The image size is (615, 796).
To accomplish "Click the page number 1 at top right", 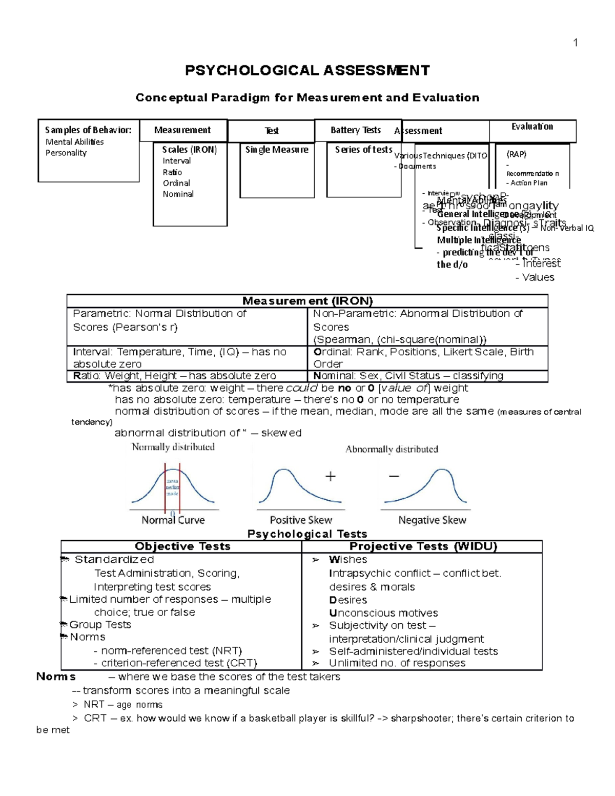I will click(576, 43).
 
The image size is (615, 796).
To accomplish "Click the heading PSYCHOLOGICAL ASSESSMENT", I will click(307, 70).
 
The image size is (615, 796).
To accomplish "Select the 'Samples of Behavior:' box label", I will click(88, 130).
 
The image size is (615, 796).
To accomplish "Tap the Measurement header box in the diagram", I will click(182, 130).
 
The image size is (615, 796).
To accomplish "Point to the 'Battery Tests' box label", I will click(355, 130).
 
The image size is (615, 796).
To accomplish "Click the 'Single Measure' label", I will click(277, 150).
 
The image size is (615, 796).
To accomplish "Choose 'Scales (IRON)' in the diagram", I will click(190, 150).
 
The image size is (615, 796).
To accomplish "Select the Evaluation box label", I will click(532, 127).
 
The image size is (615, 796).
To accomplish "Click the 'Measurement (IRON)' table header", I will click(307, 301).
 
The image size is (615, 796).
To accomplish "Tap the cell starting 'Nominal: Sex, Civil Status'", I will click(408, 376).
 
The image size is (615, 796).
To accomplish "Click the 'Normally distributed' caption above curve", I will click(173, 447).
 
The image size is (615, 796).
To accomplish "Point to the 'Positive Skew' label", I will click(301, 520).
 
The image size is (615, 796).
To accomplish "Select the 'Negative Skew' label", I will click(432, 520).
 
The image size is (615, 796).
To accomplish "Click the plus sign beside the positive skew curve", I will click(331, 477).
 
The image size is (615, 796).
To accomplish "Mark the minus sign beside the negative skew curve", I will click(394, 476).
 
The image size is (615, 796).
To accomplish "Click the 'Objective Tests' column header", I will click(182, 546).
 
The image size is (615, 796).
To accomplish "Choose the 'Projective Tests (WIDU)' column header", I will click(423, 546).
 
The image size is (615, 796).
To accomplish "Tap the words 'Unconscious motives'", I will click(383, 613).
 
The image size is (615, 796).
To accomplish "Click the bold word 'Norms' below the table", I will click(56, 677).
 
